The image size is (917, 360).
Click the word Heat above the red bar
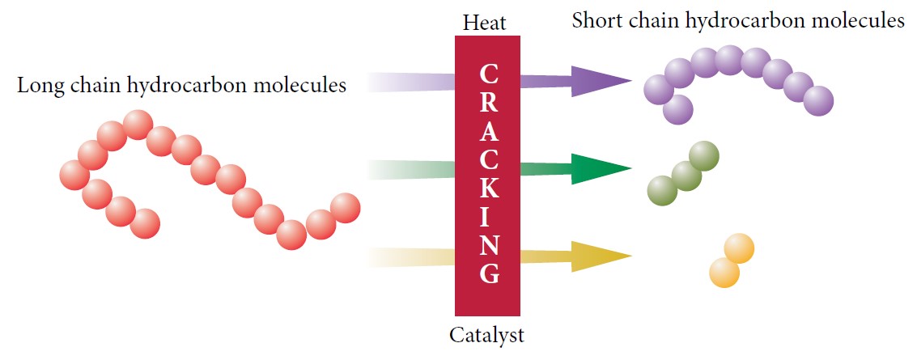484,23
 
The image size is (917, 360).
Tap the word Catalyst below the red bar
486,336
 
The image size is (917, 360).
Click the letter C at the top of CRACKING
488,74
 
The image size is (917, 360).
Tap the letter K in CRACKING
488,188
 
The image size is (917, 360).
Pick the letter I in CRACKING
488,217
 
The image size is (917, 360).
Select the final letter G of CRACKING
489,273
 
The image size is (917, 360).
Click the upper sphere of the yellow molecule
739,248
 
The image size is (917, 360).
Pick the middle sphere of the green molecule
686,176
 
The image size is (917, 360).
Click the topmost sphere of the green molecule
704,156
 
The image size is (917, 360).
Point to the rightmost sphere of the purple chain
818,101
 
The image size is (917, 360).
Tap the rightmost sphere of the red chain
345,208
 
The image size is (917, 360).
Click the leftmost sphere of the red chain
74,175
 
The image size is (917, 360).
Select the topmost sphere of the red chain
138,125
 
